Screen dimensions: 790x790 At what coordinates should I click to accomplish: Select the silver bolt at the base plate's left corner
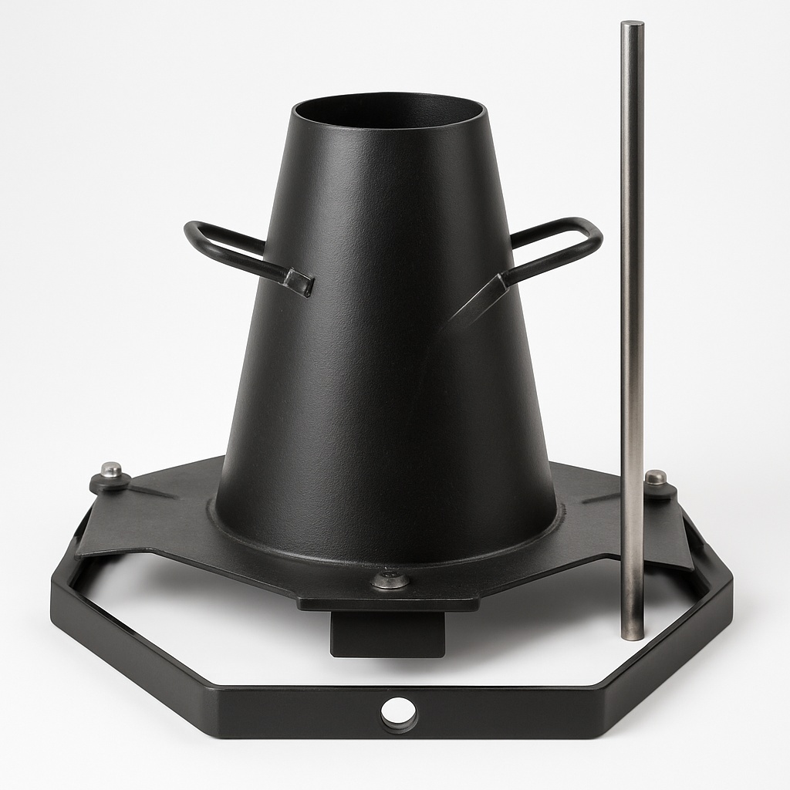(x=112, y=470)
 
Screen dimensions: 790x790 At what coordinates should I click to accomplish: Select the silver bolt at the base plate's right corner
(x=655, y=478)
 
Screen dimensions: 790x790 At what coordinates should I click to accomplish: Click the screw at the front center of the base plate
(x=390, y=579)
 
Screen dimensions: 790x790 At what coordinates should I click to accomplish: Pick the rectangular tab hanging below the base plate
(x=387, y=633)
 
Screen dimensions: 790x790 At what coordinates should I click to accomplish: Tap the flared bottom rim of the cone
(x=386, y=545)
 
